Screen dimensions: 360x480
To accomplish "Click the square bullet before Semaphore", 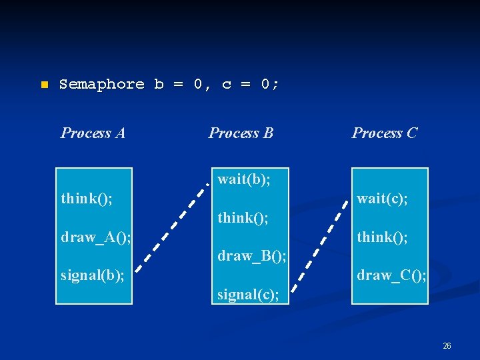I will [x=44, y=85].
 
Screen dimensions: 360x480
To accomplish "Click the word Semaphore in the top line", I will [x=101, y=85].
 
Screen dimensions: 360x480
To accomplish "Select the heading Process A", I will [x=93, y=133].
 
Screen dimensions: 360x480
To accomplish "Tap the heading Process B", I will [x=241, y=133].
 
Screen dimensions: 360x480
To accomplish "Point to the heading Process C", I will [x=384, y=133].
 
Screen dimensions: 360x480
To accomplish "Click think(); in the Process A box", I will [x=86, y=198].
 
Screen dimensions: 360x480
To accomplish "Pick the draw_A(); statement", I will [x=95, y=237].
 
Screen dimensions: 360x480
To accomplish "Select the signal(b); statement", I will [x=92, y=275].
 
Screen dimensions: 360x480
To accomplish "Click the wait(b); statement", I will [x=244, y=179].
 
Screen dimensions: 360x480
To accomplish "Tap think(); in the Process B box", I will [x=243, y=217].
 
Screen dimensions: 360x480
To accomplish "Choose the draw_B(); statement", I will [x=252, y=256].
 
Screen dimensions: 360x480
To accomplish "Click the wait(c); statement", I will [x=382, y=199].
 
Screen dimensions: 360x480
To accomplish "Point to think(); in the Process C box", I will [x=382, y=237].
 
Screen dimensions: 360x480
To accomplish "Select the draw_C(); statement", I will [x=391, y=275].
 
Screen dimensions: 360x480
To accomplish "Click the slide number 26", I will [x=447, y=346].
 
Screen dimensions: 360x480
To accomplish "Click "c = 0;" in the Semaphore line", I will [x=250, y=85].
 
